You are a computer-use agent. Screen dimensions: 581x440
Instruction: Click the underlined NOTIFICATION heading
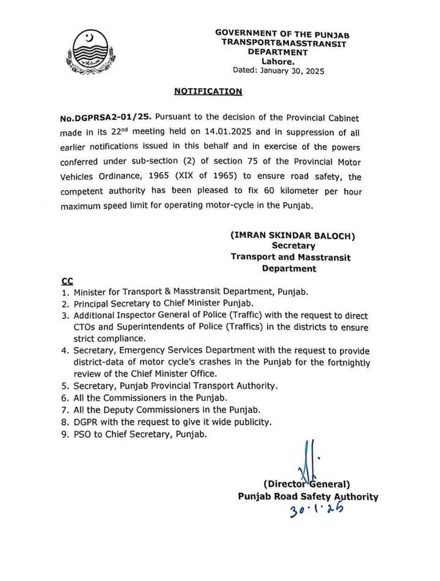[x=208, y=92]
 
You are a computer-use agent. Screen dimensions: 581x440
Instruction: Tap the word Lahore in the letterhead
[x=278, y=61]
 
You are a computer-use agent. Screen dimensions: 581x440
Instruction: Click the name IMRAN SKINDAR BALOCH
[x=293, y=235]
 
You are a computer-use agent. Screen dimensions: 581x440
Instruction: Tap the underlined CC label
[x=67, y=281]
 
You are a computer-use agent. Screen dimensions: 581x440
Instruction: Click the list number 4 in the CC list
[x=65, y=350]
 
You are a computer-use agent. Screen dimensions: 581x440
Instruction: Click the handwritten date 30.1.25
[x=315, y=509]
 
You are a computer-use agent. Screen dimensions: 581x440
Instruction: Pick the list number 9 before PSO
[x=65, y=434]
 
